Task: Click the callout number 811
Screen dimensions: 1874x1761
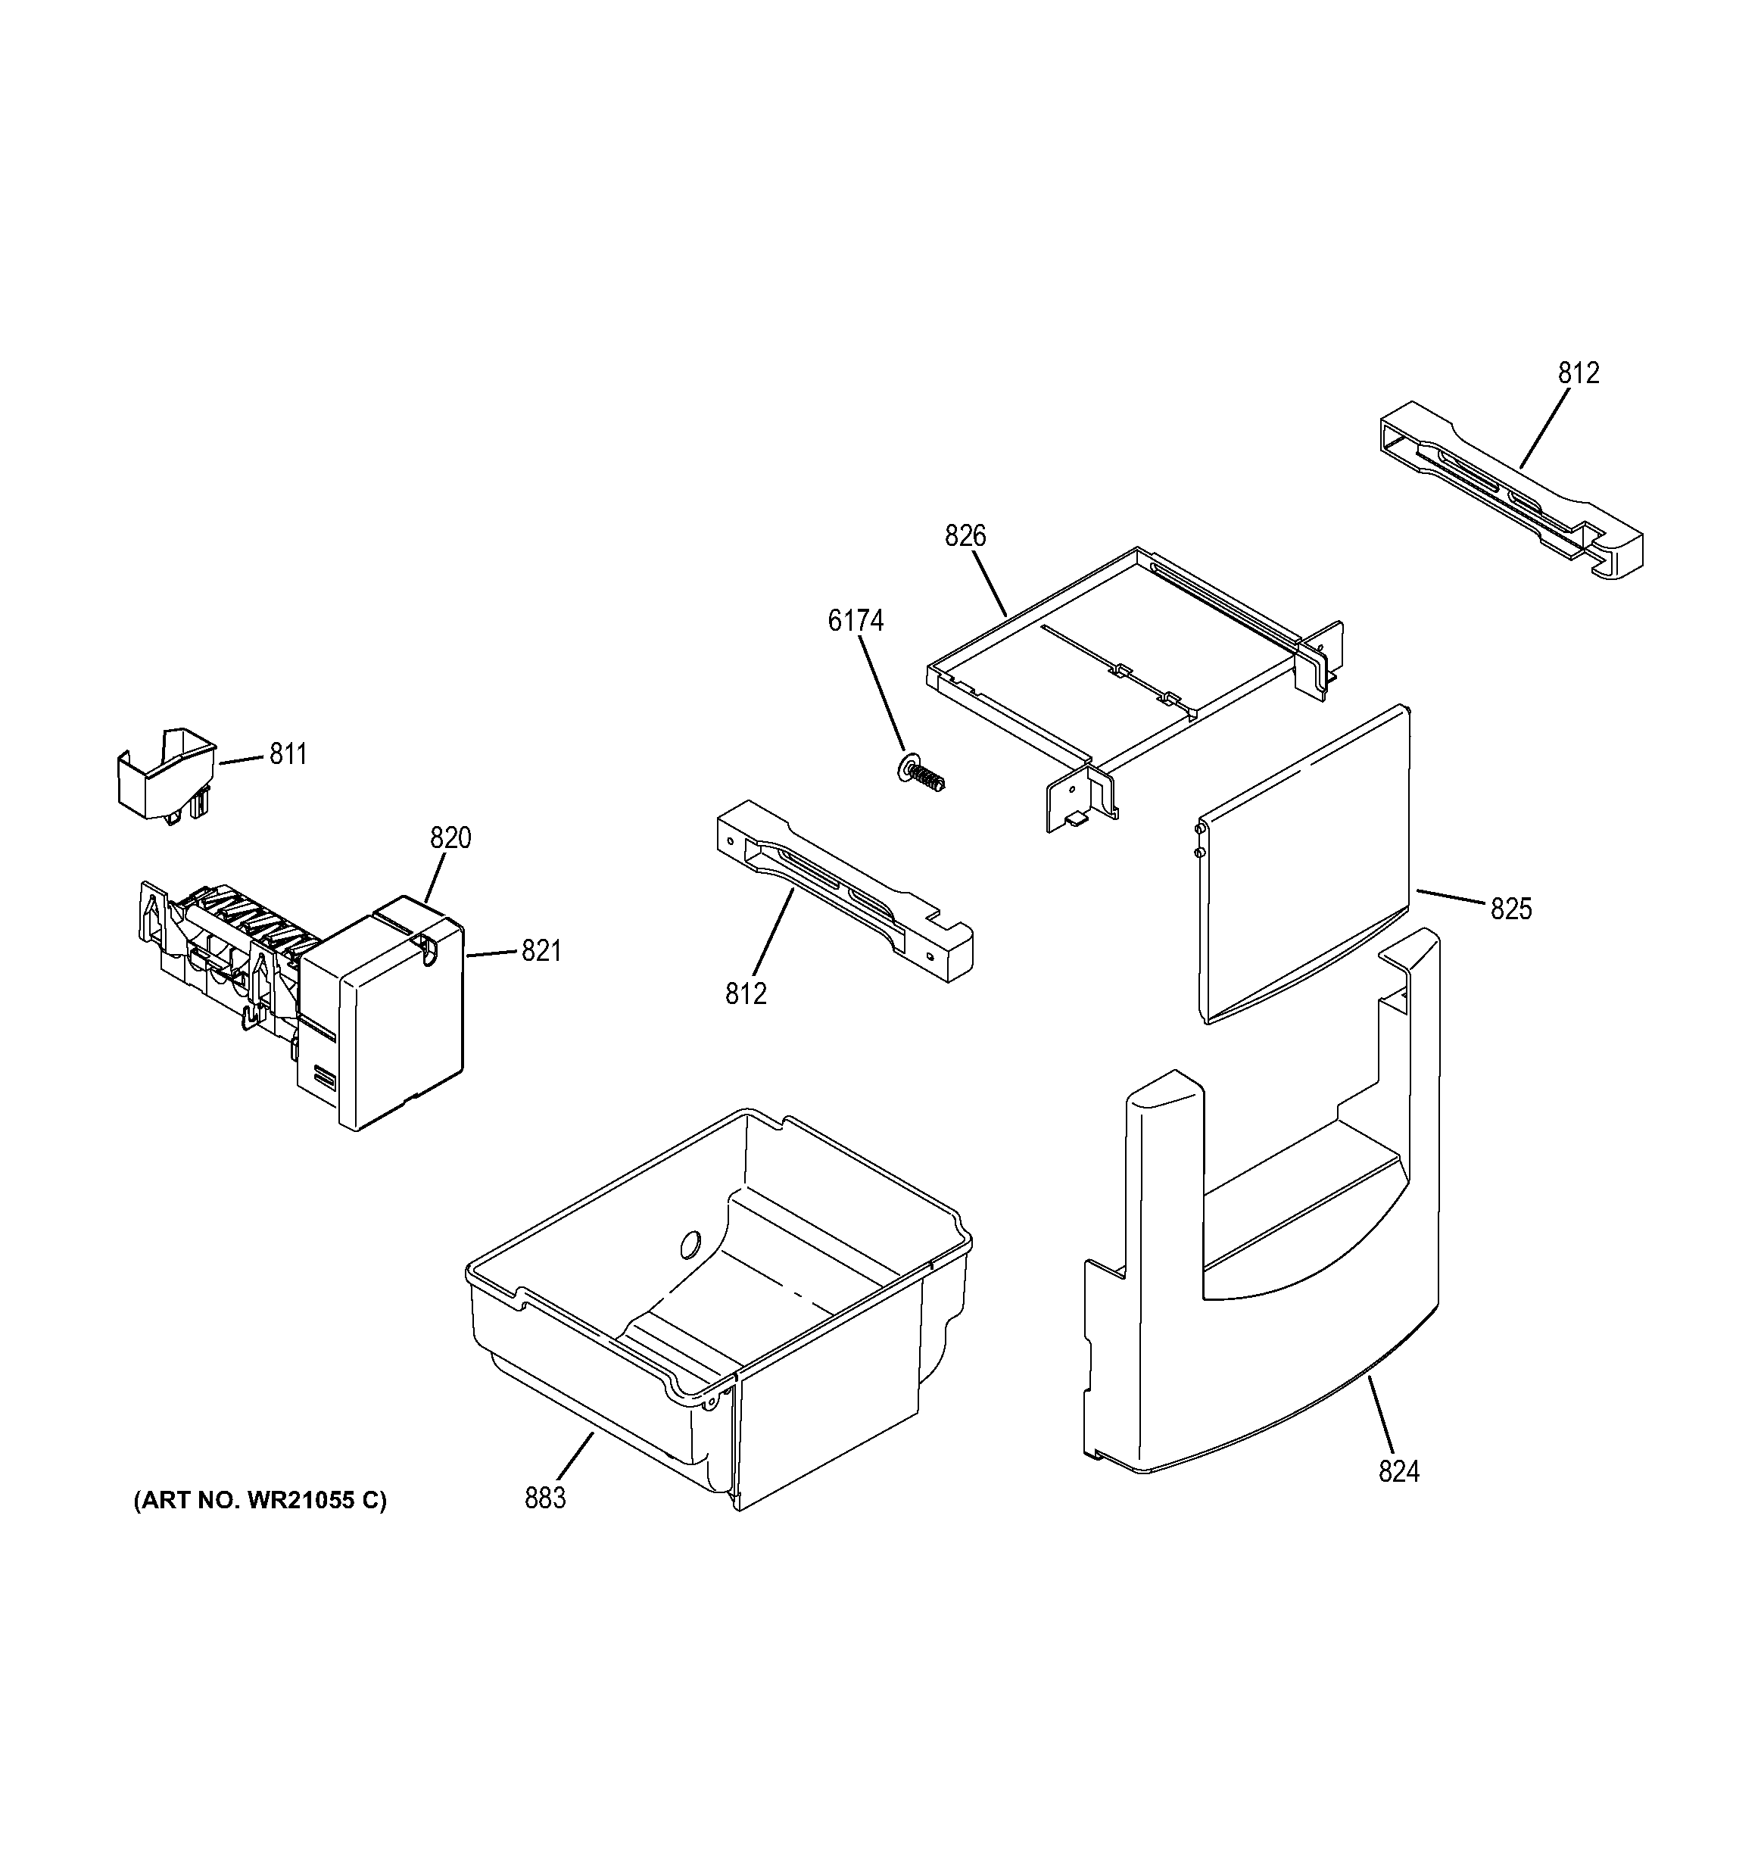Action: coord(288,754)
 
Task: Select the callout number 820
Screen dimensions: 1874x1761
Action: coord(450,837)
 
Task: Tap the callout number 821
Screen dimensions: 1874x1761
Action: coord(541,951)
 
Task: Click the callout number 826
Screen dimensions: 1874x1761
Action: coord(965,535)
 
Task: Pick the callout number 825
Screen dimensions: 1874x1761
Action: coord(1510,909)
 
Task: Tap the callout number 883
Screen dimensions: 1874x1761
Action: coord(545,1497)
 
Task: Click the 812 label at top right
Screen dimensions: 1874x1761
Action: coord(1578,373)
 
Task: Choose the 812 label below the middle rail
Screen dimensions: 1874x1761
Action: coord(746,993)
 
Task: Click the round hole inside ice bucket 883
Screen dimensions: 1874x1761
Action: coord(690,1246)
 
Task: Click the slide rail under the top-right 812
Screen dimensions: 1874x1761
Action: coord(1508,490)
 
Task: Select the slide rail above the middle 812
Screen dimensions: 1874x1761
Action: coord(843,890)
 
